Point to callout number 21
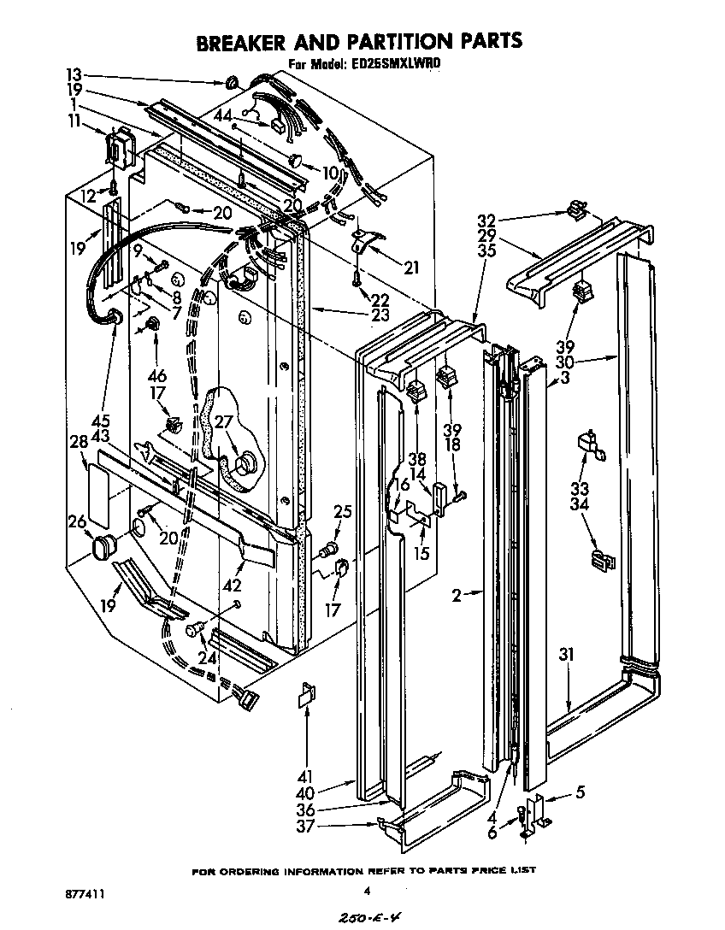411,268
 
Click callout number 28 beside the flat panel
80,442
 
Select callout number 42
232,586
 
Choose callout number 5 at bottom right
581,792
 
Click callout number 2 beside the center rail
457,596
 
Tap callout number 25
343,511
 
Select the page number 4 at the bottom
367,891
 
